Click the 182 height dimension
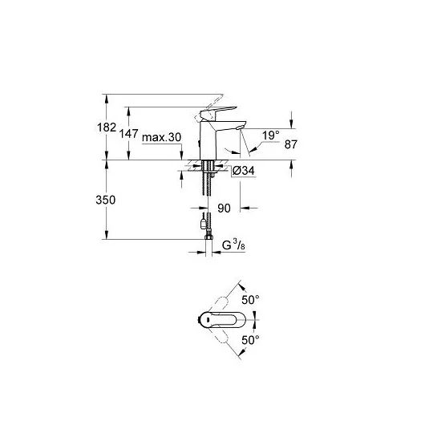[107, 127]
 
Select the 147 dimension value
[129, 134]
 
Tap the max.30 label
[161, 137]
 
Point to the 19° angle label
[271, 136]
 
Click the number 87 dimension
[291, 144]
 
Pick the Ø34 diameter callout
[244, 171]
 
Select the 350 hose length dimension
[106, 200]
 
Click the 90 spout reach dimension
[225, 208]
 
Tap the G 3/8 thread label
[233, 245]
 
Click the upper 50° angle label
[250, 300]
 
